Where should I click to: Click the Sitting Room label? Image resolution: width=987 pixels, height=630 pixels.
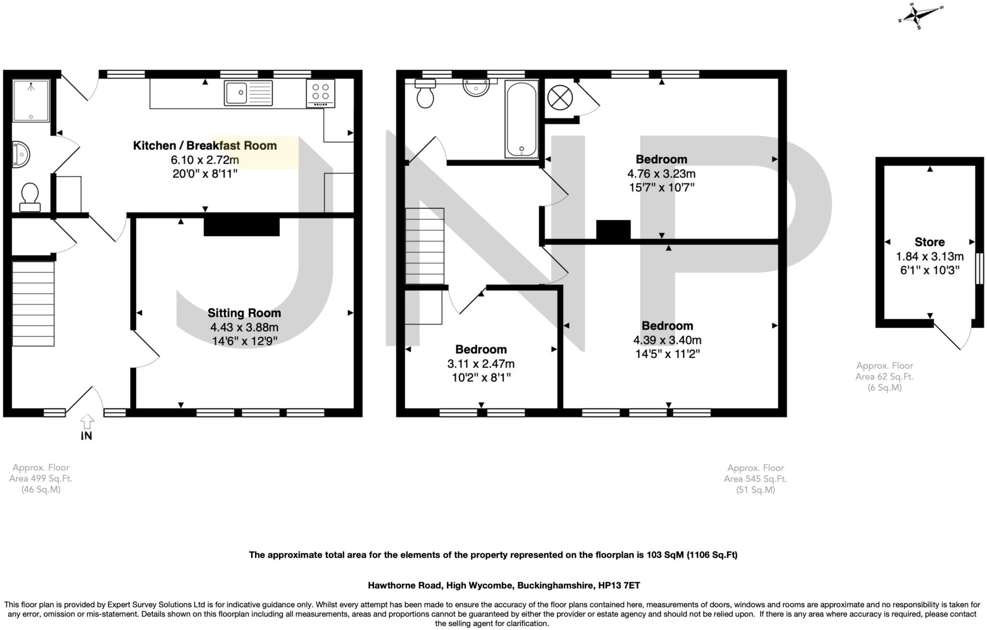tap(244, 313)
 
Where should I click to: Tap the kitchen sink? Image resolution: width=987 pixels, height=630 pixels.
tap(248, 93)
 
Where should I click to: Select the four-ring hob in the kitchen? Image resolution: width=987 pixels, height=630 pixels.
tap(320, 93)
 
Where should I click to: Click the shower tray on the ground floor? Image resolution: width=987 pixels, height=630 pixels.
tap(31, 100)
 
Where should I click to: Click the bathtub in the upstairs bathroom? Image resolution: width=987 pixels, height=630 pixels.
tap(521, 119)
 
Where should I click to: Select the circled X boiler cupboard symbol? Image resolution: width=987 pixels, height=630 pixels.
tap(560, 98)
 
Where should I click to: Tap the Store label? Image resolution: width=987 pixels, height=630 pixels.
tap(929, 242)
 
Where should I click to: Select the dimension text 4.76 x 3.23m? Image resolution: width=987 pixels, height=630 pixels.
tap(661, 174)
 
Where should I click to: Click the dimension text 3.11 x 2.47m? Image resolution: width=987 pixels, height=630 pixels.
tap(480, 363)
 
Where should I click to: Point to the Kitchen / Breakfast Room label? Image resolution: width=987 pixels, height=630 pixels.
tap(205, 146)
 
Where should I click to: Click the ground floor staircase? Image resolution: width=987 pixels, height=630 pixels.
tap(33, 303)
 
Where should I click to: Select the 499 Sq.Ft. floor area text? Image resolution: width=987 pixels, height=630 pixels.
tap(40, 479)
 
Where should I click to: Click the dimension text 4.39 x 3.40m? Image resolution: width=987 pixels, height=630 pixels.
tap(667, 340)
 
